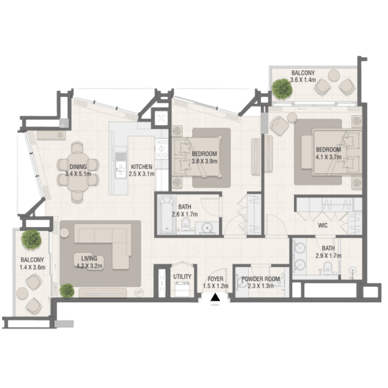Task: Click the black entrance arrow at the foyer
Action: (215, 297)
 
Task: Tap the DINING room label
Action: (78, 166)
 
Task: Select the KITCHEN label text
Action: (141, 166)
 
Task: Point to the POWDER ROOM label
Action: (261, 279)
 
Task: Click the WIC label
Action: (323, 225)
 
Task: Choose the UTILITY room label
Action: (182, 277)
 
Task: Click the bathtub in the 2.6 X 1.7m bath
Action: (167, 215)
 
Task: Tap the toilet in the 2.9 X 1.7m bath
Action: (328, 268)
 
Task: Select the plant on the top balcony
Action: (282, 89)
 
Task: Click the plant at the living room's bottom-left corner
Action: (67, 290)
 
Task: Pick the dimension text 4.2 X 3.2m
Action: (89, 266)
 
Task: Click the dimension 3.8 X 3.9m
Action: (205, 161)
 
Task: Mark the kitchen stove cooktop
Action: (161, 149)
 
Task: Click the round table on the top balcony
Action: (334, 75)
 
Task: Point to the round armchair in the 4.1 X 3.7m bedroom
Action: (279, 125)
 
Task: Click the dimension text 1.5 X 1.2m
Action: (215, 286)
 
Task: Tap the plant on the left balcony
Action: (31, 239)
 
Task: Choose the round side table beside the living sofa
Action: (64, 233)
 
